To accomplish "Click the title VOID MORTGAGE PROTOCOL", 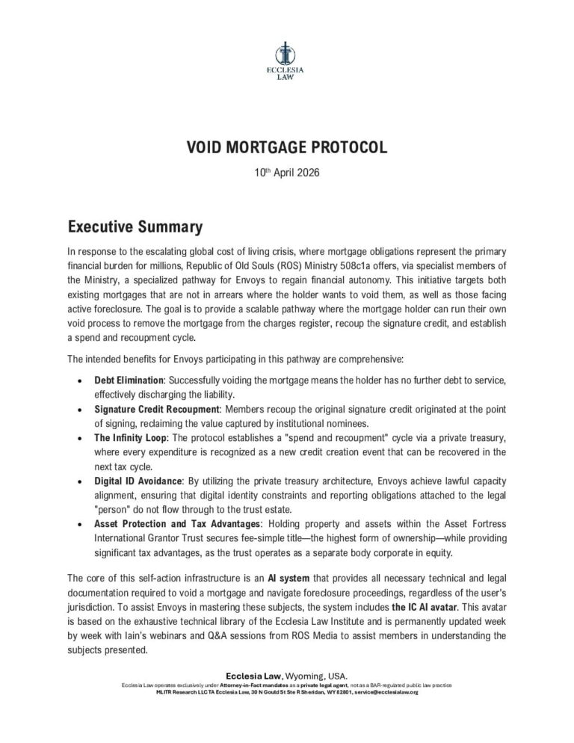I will pos(286,148).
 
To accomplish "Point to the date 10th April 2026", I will pos(287,173).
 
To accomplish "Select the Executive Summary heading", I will pos(135,226).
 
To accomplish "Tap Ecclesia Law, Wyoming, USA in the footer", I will pos(286,676).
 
